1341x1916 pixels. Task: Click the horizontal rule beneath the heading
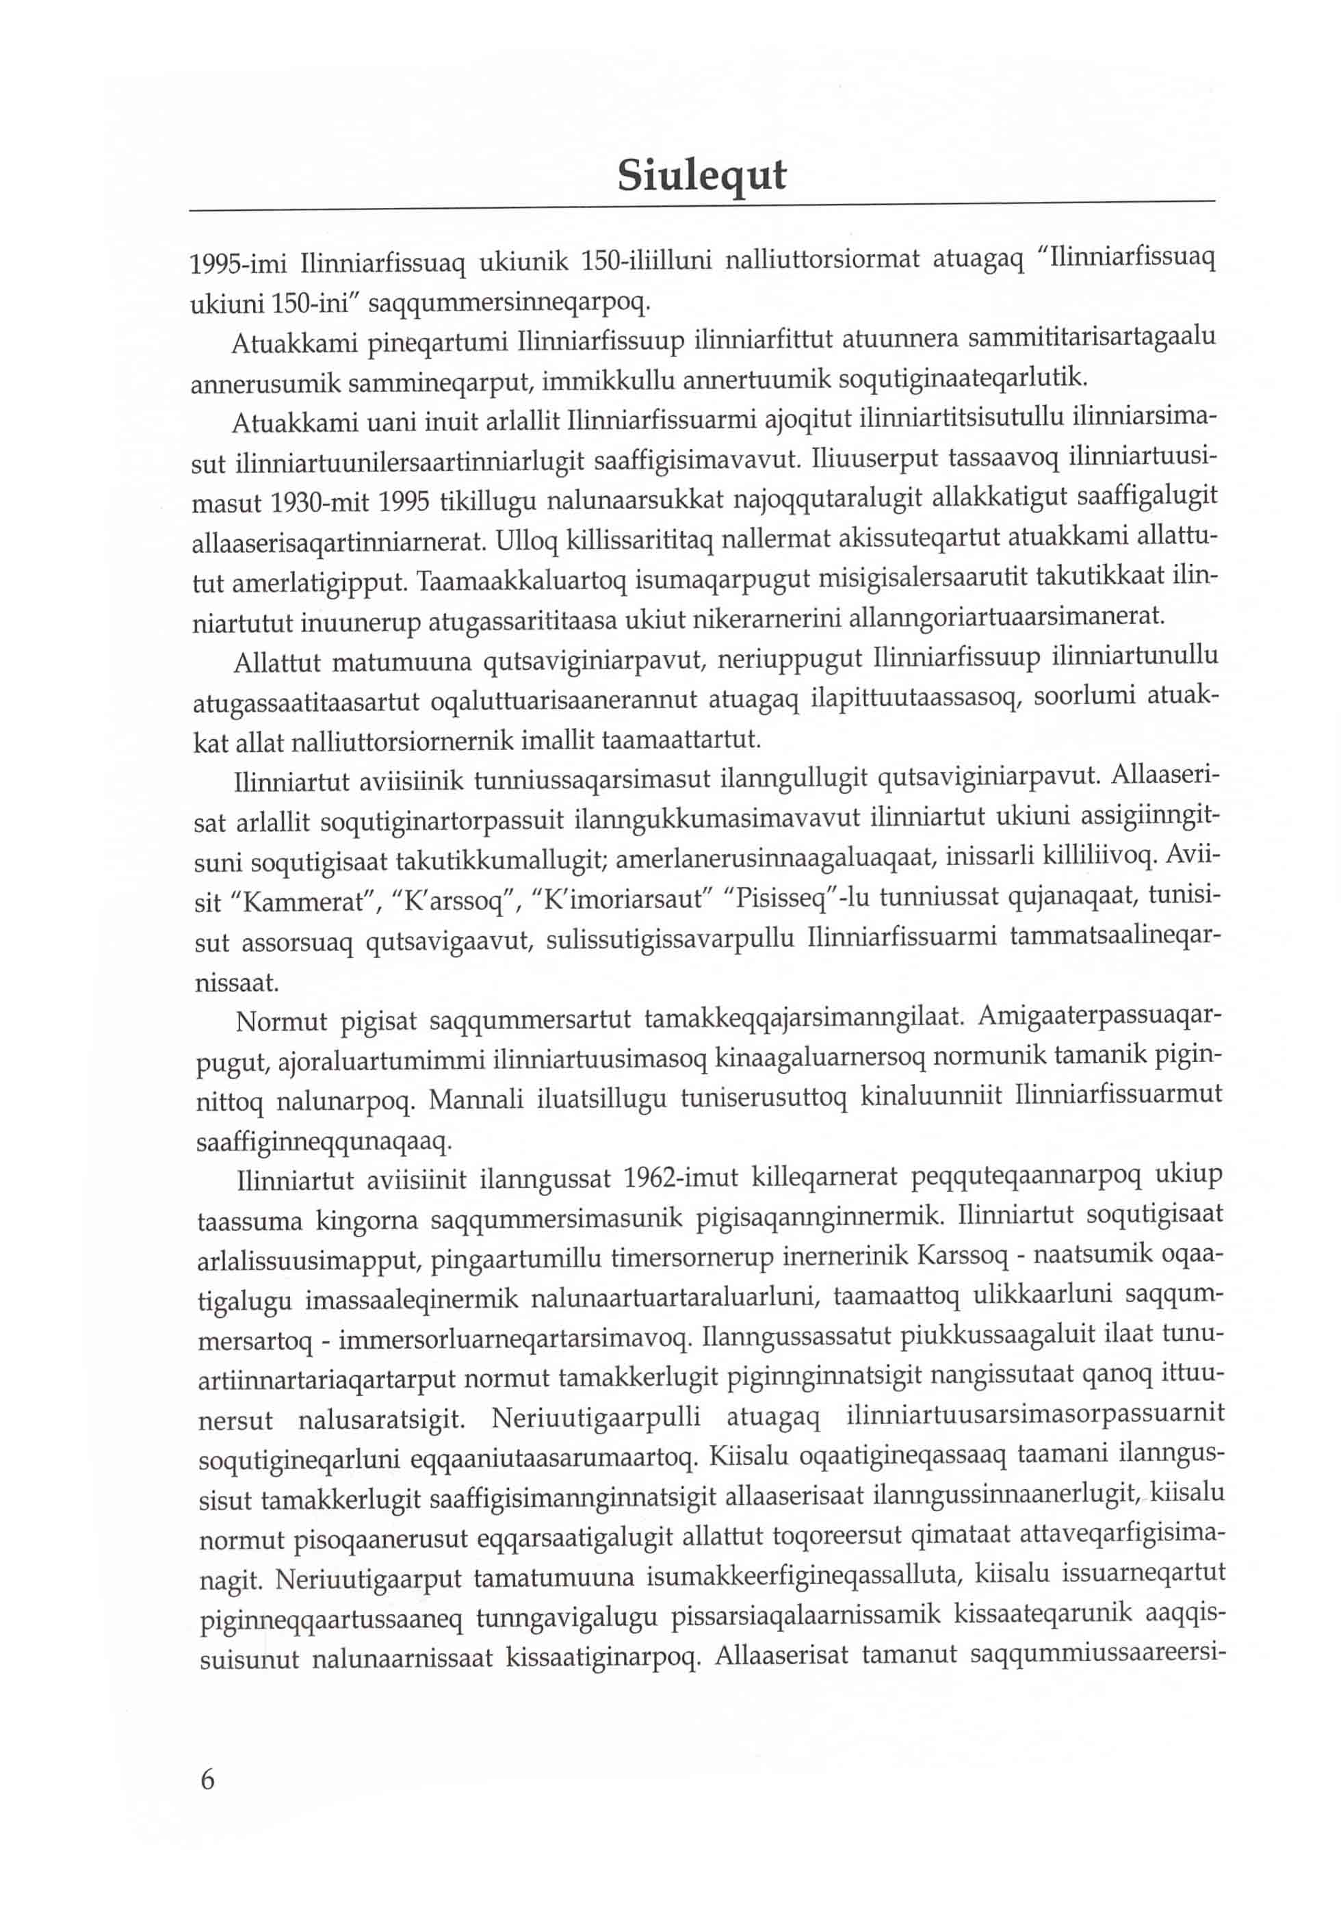(x=701, y=205)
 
